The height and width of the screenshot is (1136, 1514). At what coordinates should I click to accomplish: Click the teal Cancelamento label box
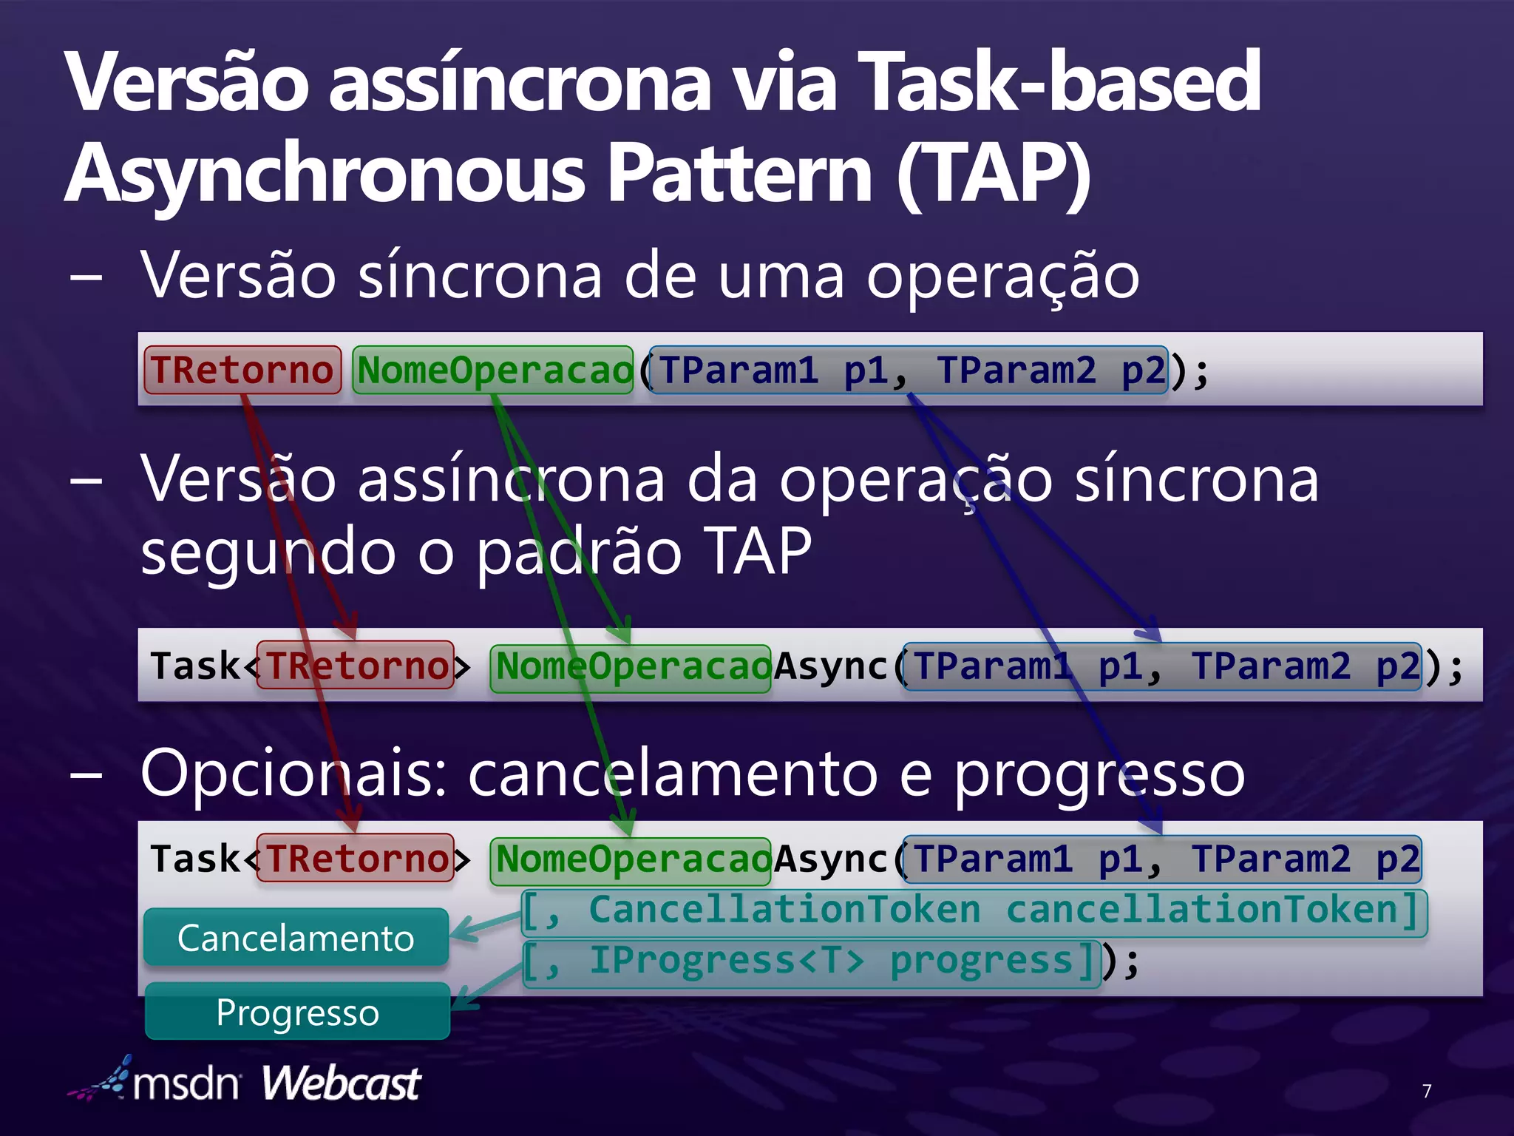(x=296, y=937)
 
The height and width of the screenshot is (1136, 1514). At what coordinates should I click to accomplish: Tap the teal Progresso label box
(x=297, y=1011)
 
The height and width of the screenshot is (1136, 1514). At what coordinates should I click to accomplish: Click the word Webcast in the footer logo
(x=341, y=1083)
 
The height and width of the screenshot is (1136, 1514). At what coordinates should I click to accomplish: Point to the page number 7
(x=1426, y=1090)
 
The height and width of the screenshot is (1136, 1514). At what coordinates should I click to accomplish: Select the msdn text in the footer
(x=186, y=1084)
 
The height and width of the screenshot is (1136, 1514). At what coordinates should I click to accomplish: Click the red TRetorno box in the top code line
(x=242, y=370)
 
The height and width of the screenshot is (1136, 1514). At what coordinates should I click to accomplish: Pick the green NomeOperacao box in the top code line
(x=494, y=370)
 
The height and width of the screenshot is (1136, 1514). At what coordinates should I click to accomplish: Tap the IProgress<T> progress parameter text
(x=810, y=961)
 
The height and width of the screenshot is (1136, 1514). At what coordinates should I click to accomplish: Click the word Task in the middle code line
(x=195, y=666)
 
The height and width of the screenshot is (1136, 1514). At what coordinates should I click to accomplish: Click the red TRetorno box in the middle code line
(x=356, y=666)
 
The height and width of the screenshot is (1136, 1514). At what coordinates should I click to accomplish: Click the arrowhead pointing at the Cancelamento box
(x=460, y=933)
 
